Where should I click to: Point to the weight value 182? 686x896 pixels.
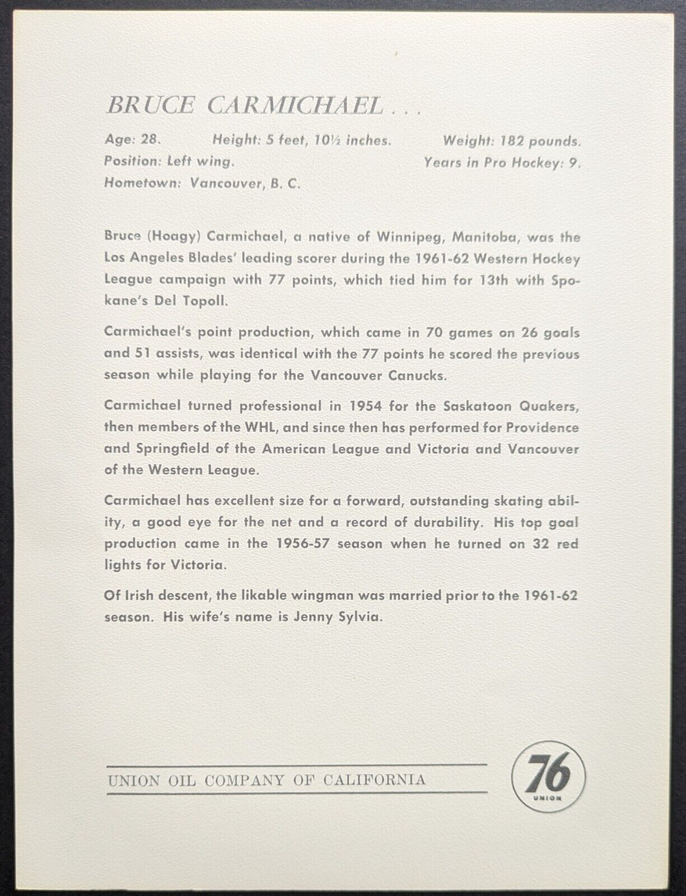519,140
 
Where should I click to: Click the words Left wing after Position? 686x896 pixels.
199,161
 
